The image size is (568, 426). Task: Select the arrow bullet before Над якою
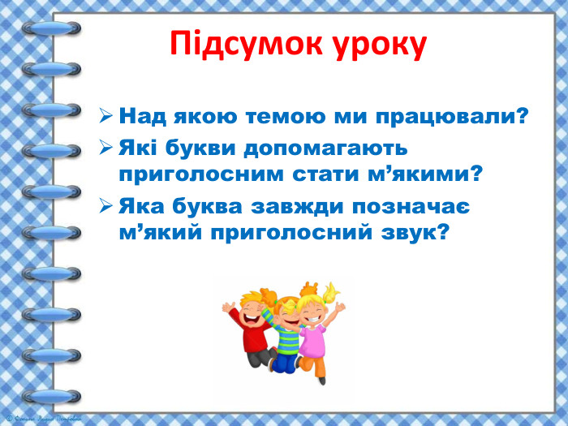pos(105,117)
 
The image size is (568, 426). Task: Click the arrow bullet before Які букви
pos(105,150)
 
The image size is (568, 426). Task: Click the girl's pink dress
pos(314,341)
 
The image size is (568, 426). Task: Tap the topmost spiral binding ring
pos(52,29)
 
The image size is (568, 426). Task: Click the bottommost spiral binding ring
pos(52,395)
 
